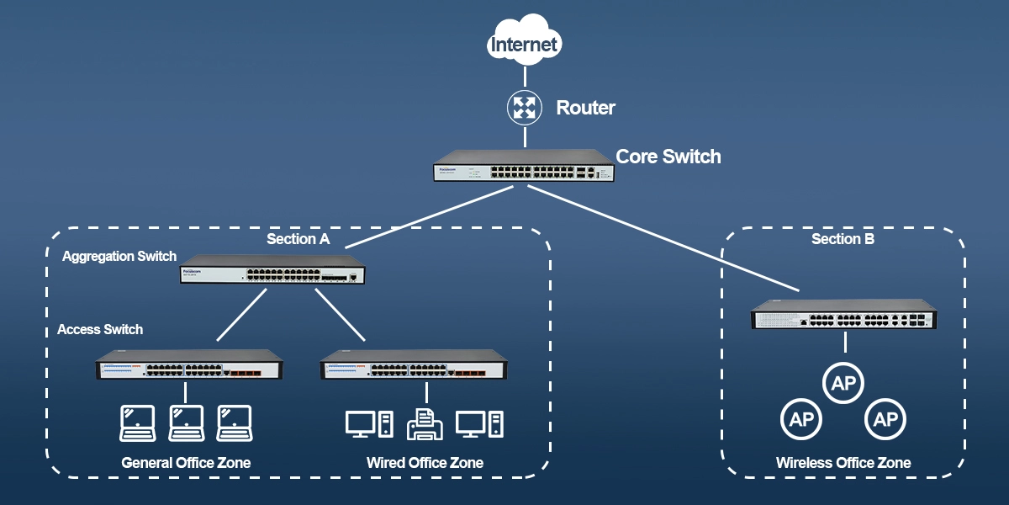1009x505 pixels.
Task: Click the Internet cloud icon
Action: tap(525, 43)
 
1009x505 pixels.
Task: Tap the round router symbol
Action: tap(525, 108)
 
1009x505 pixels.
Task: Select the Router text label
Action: tap(585, 108)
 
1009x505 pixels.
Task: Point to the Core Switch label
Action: tap(668, 157)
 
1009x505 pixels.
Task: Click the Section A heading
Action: tap(298, 239)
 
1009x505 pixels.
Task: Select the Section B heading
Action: tap(843, 239)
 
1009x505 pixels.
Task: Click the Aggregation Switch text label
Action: tap(119, 256)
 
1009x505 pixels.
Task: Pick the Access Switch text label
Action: tap(100, 330)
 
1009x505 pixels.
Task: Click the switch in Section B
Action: tap(843, 316)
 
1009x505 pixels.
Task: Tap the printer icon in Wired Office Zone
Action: tap(425, 423)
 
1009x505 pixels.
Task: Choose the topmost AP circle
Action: tap(843, 384)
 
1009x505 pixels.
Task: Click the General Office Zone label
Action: tap(186, 463)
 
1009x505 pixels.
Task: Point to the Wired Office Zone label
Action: tap(425, 463)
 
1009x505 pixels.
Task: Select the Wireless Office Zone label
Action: tap(843, 463)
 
